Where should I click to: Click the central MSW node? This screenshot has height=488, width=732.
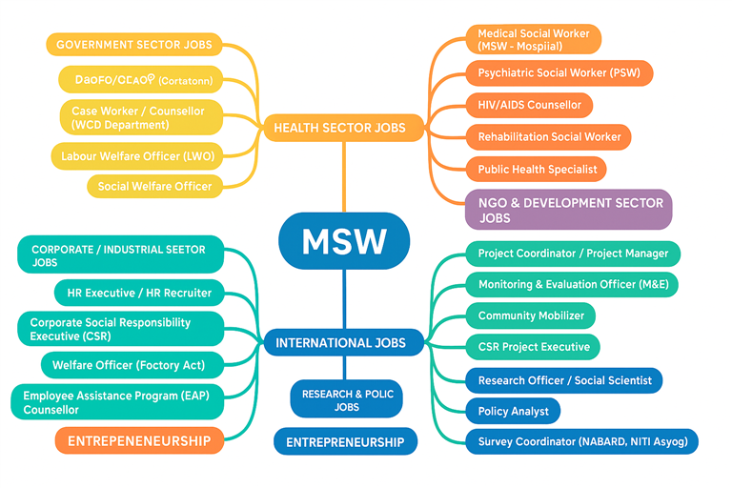click(344, 240)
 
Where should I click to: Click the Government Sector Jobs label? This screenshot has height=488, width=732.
click(134, 45)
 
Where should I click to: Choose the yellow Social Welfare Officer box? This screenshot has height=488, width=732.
click(155, 186)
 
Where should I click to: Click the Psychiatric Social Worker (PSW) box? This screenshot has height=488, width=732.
click(559, 73)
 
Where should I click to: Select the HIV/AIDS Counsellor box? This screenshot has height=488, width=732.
click(529, 105)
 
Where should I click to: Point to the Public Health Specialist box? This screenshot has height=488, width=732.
click(537, 170)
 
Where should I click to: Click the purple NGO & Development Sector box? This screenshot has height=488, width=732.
click(568, 210)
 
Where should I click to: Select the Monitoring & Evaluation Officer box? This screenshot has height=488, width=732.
click(572, 285)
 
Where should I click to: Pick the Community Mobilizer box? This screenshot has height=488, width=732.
click(530, 316)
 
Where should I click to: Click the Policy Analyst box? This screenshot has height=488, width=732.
click(513, 411)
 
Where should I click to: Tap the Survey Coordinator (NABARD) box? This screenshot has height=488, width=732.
click(581, 442)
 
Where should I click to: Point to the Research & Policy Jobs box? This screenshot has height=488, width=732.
click(346, 400)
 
